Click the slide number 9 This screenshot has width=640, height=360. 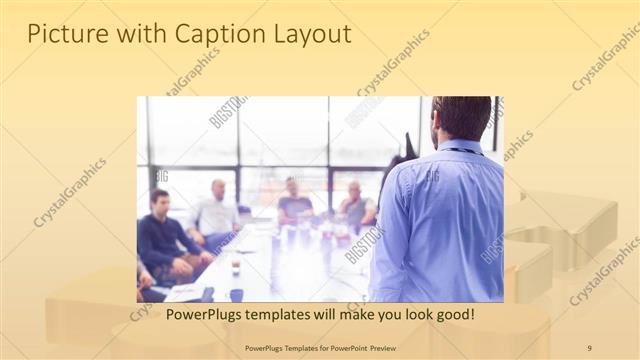(589, 347)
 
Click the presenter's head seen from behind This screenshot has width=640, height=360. (462, 118)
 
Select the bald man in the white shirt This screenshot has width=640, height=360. (216, 212)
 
